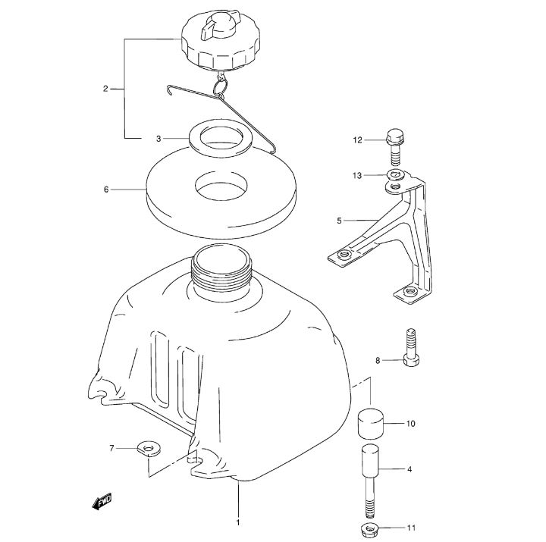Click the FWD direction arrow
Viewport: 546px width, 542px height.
102,503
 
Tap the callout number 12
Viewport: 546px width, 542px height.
357,140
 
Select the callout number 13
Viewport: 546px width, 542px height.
357,175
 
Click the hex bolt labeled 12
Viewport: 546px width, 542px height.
394,147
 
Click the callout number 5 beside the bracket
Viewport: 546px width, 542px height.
339,221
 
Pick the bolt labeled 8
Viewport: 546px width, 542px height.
412,347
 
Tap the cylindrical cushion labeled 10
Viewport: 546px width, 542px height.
371,423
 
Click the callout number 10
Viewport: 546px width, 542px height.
411,424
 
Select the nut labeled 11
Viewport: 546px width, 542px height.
370,531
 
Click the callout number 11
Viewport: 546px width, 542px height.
411,528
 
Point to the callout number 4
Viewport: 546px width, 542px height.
409,469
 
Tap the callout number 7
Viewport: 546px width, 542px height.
111,448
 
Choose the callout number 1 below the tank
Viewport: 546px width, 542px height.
238,523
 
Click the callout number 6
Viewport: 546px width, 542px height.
106,190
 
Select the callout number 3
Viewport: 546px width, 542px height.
158,139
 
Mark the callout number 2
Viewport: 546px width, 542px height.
105,89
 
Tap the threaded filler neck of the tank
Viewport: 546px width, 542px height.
222,269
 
